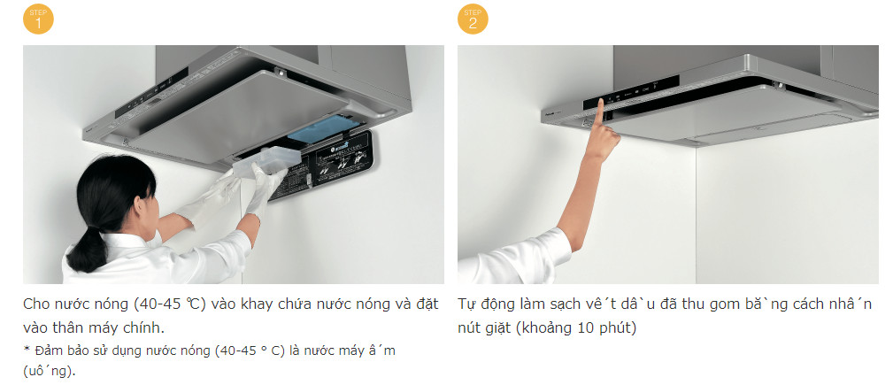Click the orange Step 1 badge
pyautogui.click(x=38, y=19)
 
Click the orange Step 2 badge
pyautogui.click(x=473, y=19)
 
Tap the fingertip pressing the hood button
pyautogui.click(x=600, y=103)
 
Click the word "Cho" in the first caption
pyautogui.click(x=36, y=304)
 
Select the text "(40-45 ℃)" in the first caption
pyautogui.click(x=169, y=304)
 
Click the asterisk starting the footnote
pyautogui.click(x=27, y=349)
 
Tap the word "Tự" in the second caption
pyautogui.click(x=467, y=304)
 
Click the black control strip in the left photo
pyautogui.click(x=152, y=94)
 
